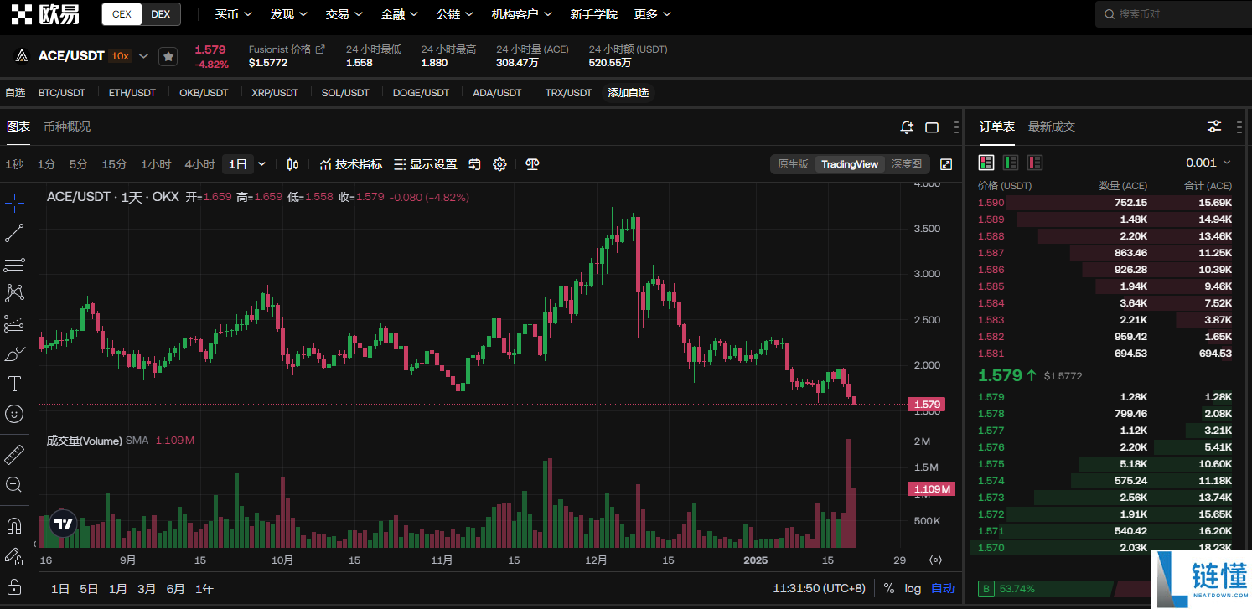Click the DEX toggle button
point(160,14)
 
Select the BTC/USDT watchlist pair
point(61,93)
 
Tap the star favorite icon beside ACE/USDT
point(168,56)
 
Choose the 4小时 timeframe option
point(199,164)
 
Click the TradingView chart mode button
point(850,164)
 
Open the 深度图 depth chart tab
point(906,164)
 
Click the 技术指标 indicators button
point(351,164)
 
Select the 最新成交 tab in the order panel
point(1052,126)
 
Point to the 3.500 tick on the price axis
point(927,229)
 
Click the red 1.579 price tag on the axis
point(927,405)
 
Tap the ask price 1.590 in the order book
point(991,203)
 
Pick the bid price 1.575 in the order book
point(991,464)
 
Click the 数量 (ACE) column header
point(1123,185)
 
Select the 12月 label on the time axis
point(596,560)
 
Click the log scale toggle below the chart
point(913,588)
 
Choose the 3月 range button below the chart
point(147,589)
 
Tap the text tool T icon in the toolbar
point(14,384)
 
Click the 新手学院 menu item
point(593,14)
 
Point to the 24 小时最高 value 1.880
point(434,63)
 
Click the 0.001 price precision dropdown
point(1208,163)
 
